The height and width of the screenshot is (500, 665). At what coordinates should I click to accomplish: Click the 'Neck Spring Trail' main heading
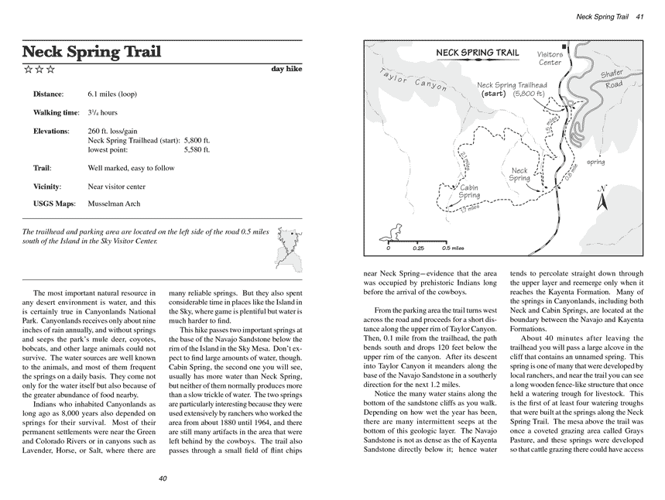pyautogui.click(x=91, y=52)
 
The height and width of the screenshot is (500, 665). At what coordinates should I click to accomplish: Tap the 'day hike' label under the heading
pyautogui.click(x=286, y=69)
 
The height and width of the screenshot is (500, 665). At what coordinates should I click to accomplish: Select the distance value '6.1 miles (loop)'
pyautogui.click(x=112, y=94)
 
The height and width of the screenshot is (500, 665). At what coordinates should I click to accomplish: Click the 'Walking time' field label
pyautogui.click(x=57, y=112)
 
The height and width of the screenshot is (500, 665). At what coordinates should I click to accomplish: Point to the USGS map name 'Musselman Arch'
pyautogui.click(x=114, y=204)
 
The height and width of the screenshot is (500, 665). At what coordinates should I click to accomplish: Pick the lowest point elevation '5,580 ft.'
pyautogui.click(x=197, y=149)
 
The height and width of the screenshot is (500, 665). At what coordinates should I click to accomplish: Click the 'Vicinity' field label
pyautogui.click(x=47, y=187)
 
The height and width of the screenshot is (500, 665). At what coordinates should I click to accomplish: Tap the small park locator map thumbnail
pyautogui.click(x=290, y=249)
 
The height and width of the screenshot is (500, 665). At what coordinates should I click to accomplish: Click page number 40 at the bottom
pyautogui.click(x=163, y=478)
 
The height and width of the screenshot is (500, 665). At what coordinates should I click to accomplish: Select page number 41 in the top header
pyautogui.click(x=640, y=17)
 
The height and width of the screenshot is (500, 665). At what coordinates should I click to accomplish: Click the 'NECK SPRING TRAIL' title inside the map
pyautogui.click(x=478, y=53)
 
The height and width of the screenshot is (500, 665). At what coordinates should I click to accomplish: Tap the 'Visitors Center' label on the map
pyautogui.click(x=550, y=59)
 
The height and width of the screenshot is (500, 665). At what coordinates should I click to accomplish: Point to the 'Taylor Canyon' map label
pyautogui.click(x=413, y=80)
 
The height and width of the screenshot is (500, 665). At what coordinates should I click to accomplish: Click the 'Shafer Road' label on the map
pyautogui.click(x=612, y=79)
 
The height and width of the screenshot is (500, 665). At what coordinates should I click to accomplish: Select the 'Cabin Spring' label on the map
pyautogui.click(x=468, y=191)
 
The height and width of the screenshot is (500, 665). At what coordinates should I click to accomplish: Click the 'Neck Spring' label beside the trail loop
pyautogui.click(x=519, y=174)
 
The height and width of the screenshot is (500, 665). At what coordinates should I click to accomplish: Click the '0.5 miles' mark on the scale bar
pyautogui.click(x=453, y=248)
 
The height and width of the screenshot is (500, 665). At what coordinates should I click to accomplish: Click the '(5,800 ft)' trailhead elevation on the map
pyautogui.click(x=529, y=94)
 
